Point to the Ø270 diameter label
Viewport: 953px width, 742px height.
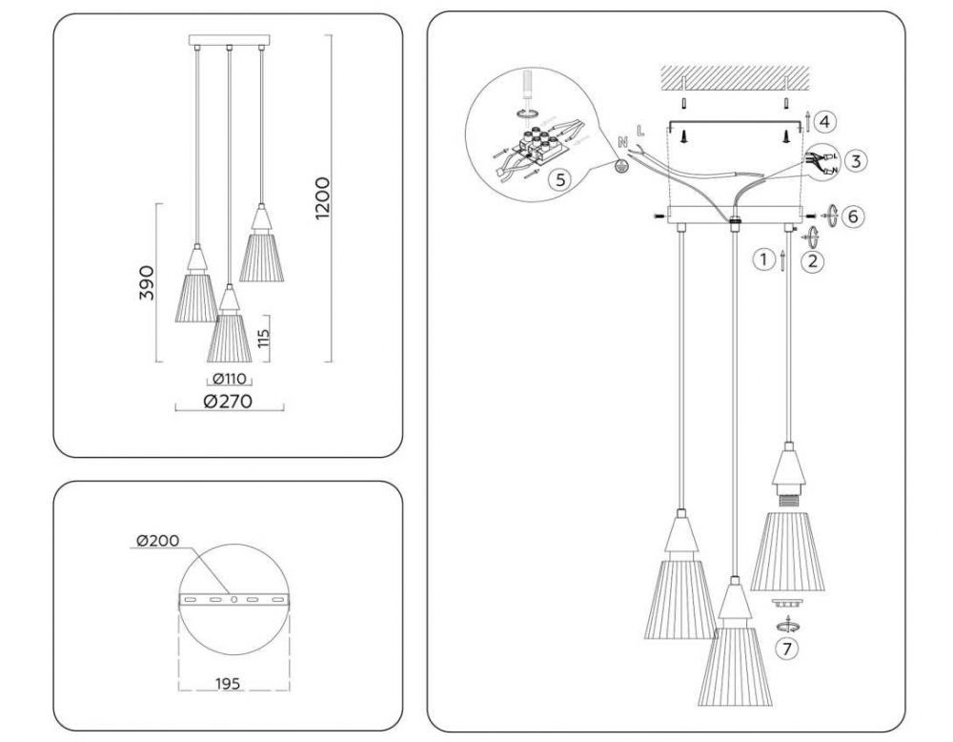click(x=228, y=402)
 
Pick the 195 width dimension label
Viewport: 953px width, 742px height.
click(x=227, y=684)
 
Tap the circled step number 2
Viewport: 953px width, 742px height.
click(x=812, y=259)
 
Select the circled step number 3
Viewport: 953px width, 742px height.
click(x=856, y=160)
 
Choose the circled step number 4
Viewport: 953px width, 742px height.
click(x=825, y=121)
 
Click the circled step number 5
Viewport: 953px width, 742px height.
click(x=560, y=178)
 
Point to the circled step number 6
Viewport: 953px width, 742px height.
click(x=852, y=216)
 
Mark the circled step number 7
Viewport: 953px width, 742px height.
click(x=786, y=649)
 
